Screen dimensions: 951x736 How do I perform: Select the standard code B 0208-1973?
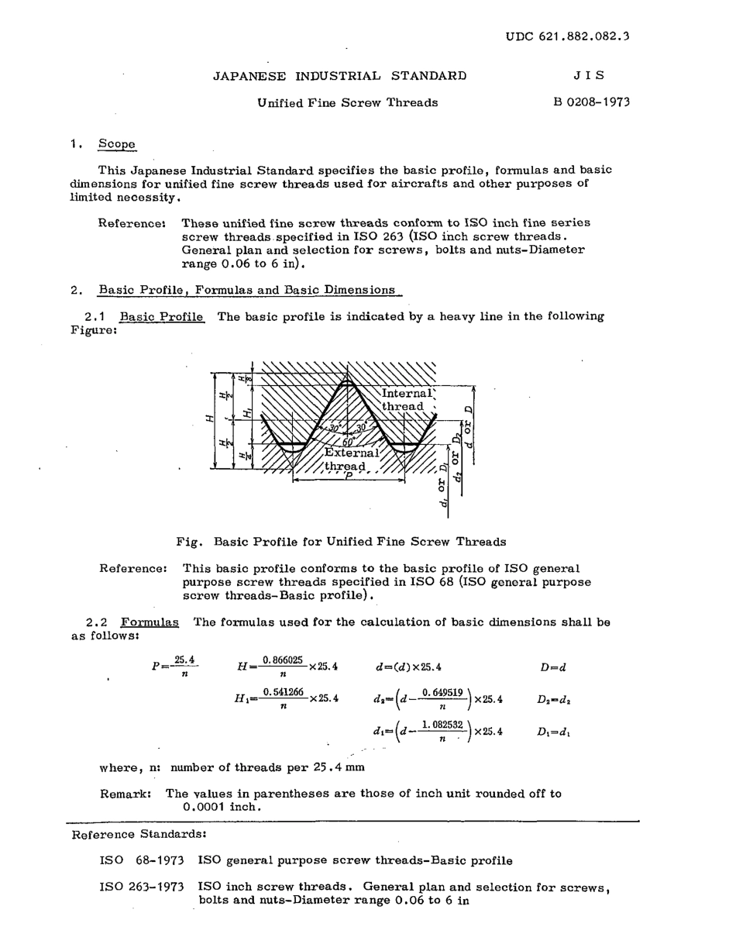(x=591, y=102)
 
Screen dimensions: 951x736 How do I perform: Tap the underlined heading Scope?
(x=116, y=144)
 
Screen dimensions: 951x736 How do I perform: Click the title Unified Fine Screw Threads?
(x=347, y=102)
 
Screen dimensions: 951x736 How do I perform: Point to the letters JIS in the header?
(x=589, y=76)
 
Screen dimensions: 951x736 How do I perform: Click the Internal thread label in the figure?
(x=406, y=400)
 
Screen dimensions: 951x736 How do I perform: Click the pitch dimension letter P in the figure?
(x=349, y=474)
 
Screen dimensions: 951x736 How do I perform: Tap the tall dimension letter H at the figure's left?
(x=208, y=418)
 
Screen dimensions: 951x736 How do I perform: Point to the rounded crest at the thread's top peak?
(x=349, y=381)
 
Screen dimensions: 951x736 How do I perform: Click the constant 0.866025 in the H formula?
(x=282, y=660)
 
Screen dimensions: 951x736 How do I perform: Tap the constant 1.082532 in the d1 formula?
(x=442, y=725)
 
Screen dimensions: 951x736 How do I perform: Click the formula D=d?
(x=553, y=667)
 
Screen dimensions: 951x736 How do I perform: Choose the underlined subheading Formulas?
(x=150, y=622)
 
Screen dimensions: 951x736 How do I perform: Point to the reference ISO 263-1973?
(x=141, y=887)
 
